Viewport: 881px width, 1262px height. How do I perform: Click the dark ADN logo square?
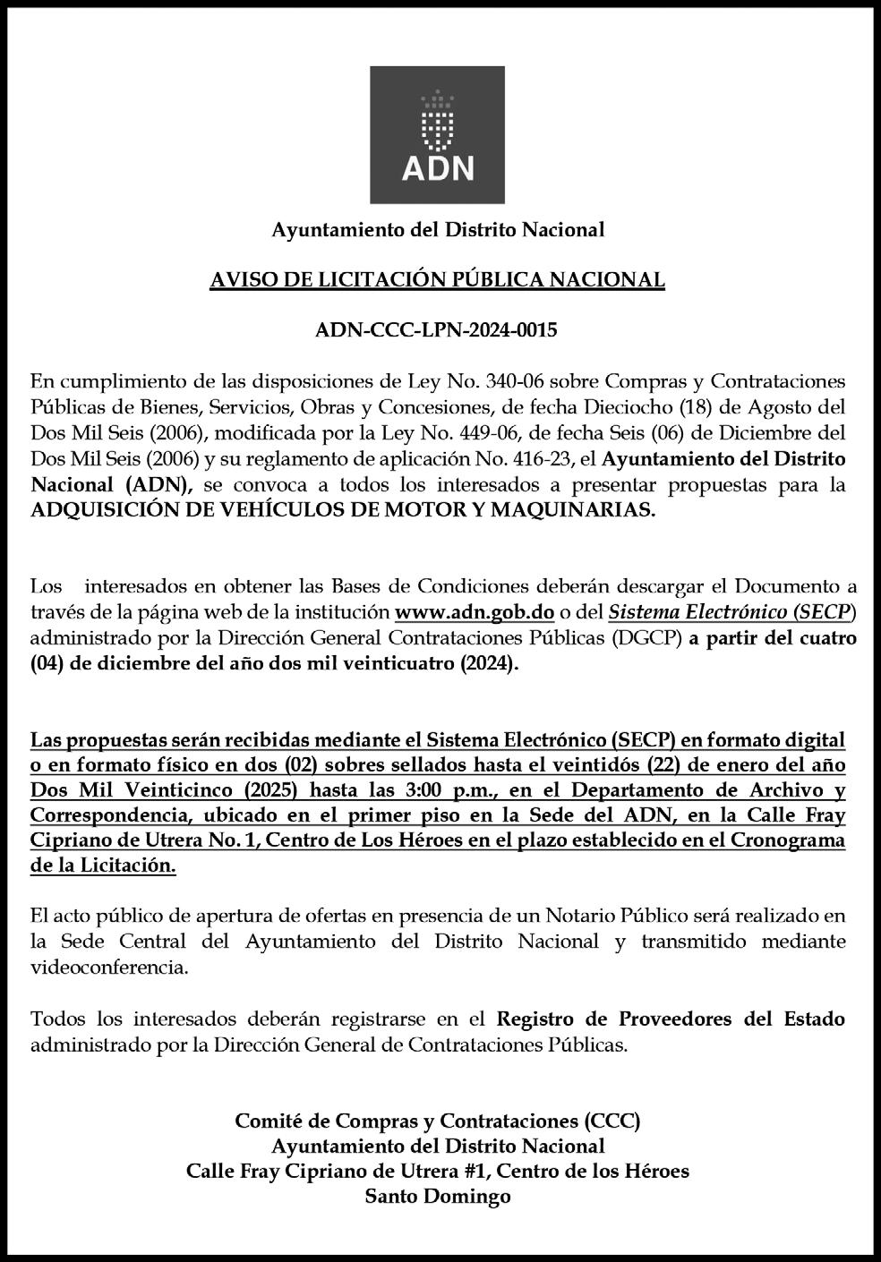pos(438,135)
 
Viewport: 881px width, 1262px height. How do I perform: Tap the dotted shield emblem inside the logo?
pos(438,115)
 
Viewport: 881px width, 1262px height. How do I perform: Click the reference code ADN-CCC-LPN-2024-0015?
pos(437,330)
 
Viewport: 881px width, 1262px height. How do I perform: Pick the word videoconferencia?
pos(109,968)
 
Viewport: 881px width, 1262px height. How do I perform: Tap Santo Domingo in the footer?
pos(438,1197)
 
